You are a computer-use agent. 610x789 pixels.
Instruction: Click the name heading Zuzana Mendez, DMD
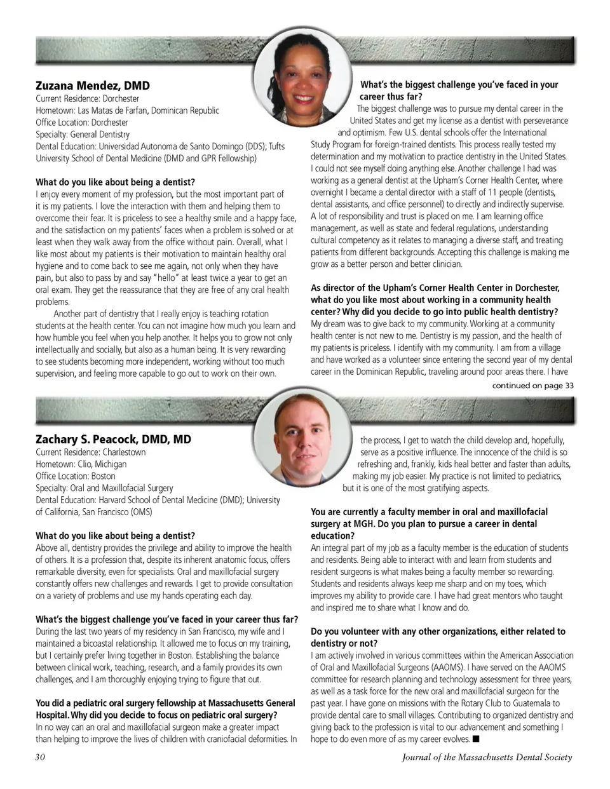[93, 85]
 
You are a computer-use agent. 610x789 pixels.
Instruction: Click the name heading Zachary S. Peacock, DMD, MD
[113, 439]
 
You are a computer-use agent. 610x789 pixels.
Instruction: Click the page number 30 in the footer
[40, 757]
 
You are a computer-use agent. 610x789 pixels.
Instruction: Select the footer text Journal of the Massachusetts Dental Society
[487, 757]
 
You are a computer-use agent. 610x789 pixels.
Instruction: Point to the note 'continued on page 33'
[532, 385]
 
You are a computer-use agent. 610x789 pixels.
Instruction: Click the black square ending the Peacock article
[476, 739]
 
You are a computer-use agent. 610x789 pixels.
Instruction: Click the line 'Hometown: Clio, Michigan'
[81, 464]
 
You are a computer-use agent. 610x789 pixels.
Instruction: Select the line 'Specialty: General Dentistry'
[83, 134]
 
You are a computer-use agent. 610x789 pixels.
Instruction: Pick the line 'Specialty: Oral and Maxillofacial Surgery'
[104, 488]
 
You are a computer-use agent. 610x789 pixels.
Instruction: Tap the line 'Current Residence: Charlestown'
[90, 452]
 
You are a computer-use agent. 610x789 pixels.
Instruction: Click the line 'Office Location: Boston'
[76, 476]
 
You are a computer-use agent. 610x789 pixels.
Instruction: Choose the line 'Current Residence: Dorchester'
[87, 98]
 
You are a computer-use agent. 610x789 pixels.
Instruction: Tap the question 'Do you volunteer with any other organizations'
[438, 631]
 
